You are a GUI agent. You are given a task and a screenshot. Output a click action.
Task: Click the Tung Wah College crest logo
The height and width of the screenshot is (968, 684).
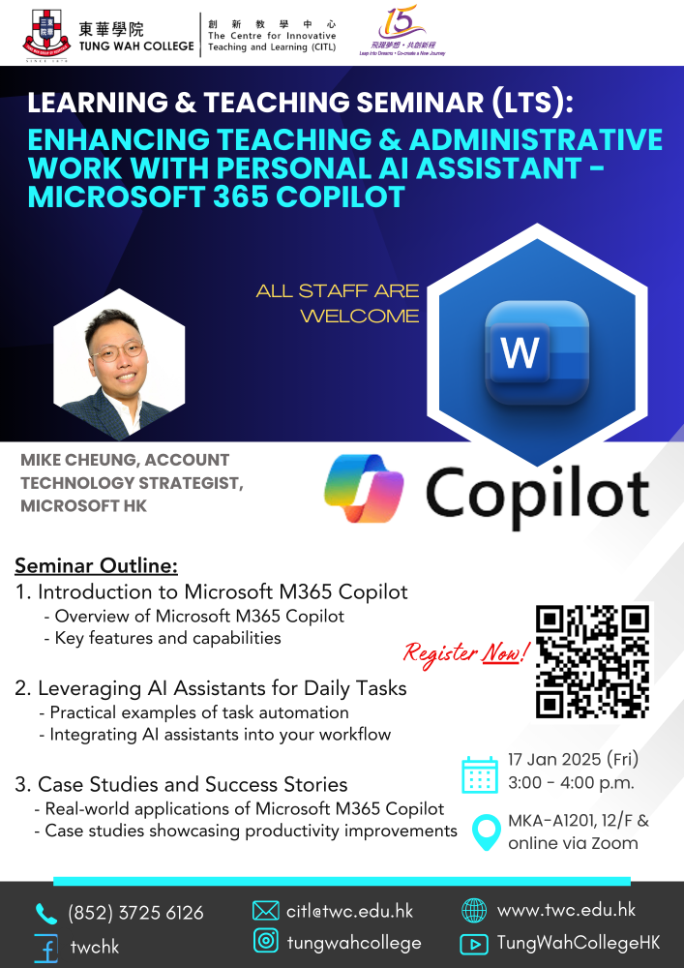pyautogui.click(x=46, y=36)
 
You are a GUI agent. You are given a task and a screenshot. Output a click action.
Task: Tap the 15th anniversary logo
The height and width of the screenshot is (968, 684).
pyautogui.click(x=402, y=31)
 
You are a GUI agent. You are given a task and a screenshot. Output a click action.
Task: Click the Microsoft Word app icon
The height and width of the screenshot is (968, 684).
pyautogui.click(x=537, y=352)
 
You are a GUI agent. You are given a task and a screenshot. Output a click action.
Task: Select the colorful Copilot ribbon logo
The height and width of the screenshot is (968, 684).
pyautogui.click(x=364, y=488)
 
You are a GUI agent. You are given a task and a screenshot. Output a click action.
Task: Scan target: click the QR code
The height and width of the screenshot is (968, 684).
pyautogui.click(x=593, y=661)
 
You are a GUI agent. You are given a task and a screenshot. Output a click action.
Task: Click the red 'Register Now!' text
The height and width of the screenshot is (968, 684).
pyautogui.click(x=467, y=652)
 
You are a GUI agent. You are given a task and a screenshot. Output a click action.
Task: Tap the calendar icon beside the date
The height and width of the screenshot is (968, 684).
pyautogui.click(x=480, y=774)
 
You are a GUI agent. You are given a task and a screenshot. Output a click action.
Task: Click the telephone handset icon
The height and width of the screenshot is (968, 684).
pyautogui.click(x=45, y=913)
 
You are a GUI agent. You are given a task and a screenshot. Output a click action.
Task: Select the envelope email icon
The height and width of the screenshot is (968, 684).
pyautogui.click(x=266, y=911)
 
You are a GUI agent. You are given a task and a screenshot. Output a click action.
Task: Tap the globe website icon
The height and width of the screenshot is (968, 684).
pyautogui.click(x=474, y=911)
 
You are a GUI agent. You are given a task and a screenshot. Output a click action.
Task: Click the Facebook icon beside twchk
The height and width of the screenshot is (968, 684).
pyautogui.click(x=46, y=947)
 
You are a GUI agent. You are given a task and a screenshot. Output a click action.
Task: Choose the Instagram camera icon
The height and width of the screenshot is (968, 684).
pyautogui.click(x=266, y=942)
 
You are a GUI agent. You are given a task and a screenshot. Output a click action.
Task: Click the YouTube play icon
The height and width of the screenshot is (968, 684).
pyautogui.click(x=474, y=944)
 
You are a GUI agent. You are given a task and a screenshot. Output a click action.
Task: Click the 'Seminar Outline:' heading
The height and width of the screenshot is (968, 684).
pyautogui.click(x=96, y=565)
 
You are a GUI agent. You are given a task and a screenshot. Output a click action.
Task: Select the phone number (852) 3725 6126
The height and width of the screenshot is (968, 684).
pyautogui.click(x=135, y=913)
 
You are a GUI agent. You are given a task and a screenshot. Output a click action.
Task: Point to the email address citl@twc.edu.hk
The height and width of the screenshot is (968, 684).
pyautogui.click(x=349, y=911)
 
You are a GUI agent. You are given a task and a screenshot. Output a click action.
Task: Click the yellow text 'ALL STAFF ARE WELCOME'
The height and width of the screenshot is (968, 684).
pyautogui.click(x=338, y=303)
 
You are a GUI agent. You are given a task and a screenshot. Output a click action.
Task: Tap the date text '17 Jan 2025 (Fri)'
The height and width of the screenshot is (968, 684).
pyautogui.click(x=573, y=759)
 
